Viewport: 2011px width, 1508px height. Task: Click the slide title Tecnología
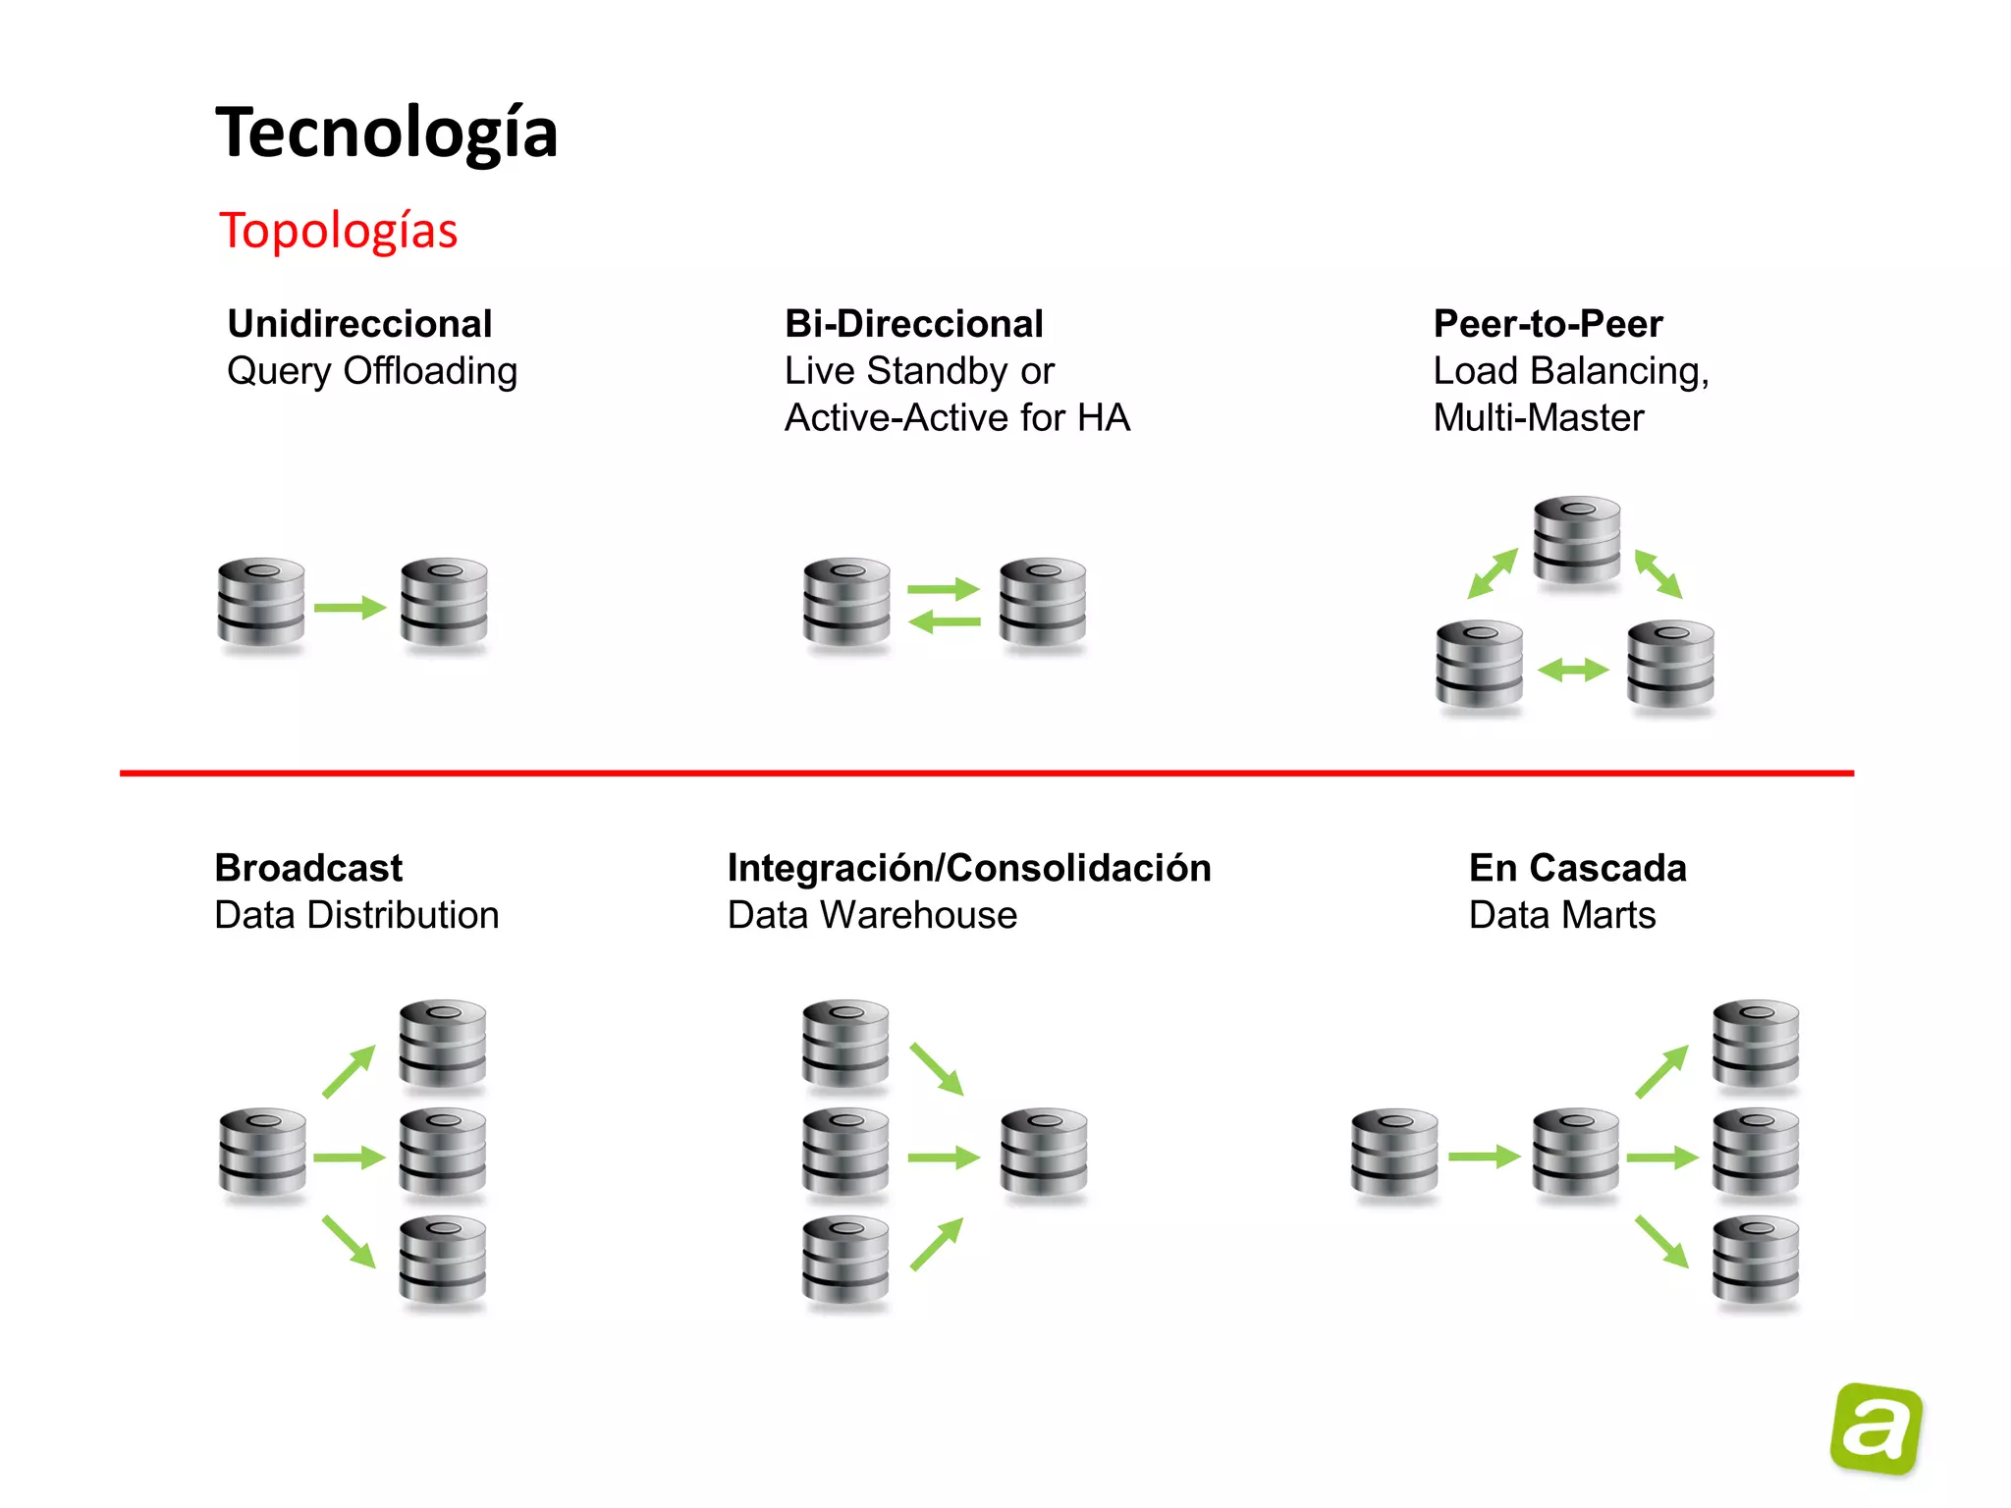(386, 133)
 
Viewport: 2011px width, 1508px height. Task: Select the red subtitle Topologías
(338, 232)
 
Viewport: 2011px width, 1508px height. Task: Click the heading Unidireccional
(359, 324)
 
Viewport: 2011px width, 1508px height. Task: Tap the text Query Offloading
(371, 371)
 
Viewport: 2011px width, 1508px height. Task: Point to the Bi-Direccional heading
(913, 324)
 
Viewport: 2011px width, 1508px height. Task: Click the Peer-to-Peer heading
(1548, 324)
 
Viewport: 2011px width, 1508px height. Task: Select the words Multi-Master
(1538, 418)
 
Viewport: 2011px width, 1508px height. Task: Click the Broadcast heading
(308, 868)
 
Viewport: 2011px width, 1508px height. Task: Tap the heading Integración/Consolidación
(969, 868)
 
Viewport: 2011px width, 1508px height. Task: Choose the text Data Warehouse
(872, 915)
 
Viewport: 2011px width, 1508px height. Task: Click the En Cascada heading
(1577, 868)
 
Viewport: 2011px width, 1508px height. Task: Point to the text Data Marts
(1561, 915)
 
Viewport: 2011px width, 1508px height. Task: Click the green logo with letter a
(1875, 1428)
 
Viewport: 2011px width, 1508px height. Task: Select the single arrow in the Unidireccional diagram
(350, 608)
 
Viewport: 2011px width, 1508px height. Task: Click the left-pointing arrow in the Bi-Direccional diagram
(944, 621)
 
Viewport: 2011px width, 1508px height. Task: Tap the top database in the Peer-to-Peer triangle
(1577, 540)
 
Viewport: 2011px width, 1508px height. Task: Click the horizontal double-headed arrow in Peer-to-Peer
(1573, 671)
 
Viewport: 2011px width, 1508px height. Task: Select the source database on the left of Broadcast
(262, 1154)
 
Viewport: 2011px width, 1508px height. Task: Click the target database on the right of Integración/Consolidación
(1044, 1154)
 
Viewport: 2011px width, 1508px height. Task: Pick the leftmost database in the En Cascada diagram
(1394, 1154)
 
